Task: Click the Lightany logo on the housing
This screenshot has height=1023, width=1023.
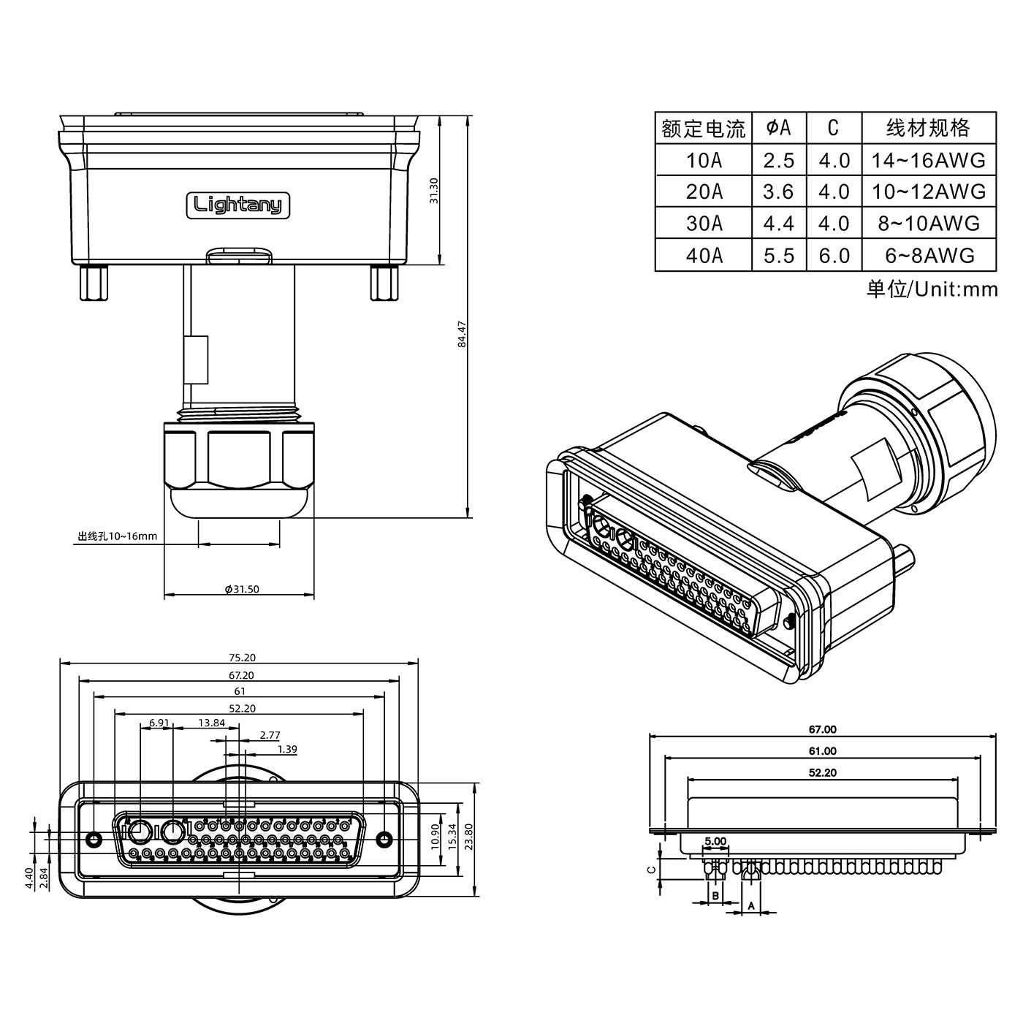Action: pos(238,205)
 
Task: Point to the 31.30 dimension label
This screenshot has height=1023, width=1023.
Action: pos(434,191)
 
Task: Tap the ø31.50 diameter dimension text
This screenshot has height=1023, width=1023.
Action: pos(242,589)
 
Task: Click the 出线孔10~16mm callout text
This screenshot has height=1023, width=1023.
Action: pos(118,536)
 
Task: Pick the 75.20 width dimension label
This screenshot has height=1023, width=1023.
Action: pos(240,658)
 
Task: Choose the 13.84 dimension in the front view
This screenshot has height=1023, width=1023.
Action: pos(211,723)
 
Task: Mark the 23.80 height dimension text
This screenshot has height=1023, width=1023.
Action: pos(468,834)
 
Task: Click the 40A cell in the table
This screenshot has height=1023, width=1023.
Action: pos(704,255)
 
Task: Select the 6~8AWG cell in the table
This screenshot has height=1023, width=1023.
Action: pos(929,255)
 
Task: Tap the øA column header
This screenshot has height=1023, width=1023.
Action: pos(778,128)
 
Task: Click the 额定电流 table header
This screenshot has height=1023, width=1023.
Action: pos(703,129)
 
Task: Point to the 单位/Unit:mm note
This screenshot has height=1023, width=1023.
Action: pos(932,289)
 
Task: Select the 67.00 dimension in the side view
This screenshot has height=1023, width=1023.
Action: pos(822,729)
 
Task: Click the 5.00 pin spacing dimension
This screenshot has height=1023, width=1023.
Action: pos(715,841)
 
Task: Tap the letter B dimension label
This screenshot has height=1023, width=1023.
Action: pos(716,895)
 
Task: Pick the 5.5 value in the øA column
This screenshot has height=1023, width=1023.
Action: pos(778,255)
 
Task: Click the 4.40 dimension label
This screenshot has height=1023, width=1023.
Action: pos(28,878)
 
